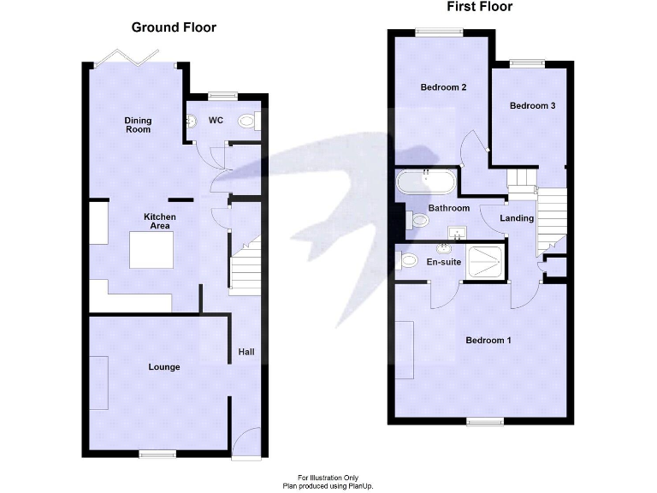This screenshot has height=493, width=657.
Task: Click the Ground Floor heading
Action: (174, 27)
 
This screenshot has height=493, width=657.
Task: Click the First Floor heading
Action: (480, 7)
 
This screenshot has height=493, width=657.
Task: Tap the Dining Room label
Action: (138, 125)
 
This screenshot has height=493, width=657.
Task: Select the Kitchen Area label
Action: (159, 221)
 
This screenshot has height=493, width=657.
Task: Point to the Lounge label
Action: (164, 367)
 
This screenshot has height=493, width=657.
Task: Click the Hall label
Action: (246, 352)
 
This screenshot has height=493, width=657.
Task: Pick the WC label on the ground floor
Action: (216, 121)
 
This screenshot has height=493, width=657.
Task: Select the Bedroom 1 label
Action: (488, 341)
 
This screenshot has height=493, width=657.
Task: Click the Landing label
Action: (517, 218)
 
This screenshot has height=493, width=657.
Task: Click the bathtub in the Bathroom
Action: (426, 182)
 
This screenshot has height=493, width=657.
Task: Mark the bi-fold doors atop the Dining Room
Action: (128, 58)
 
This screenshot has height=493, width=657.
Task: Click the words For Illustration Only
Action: (328, 477)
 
